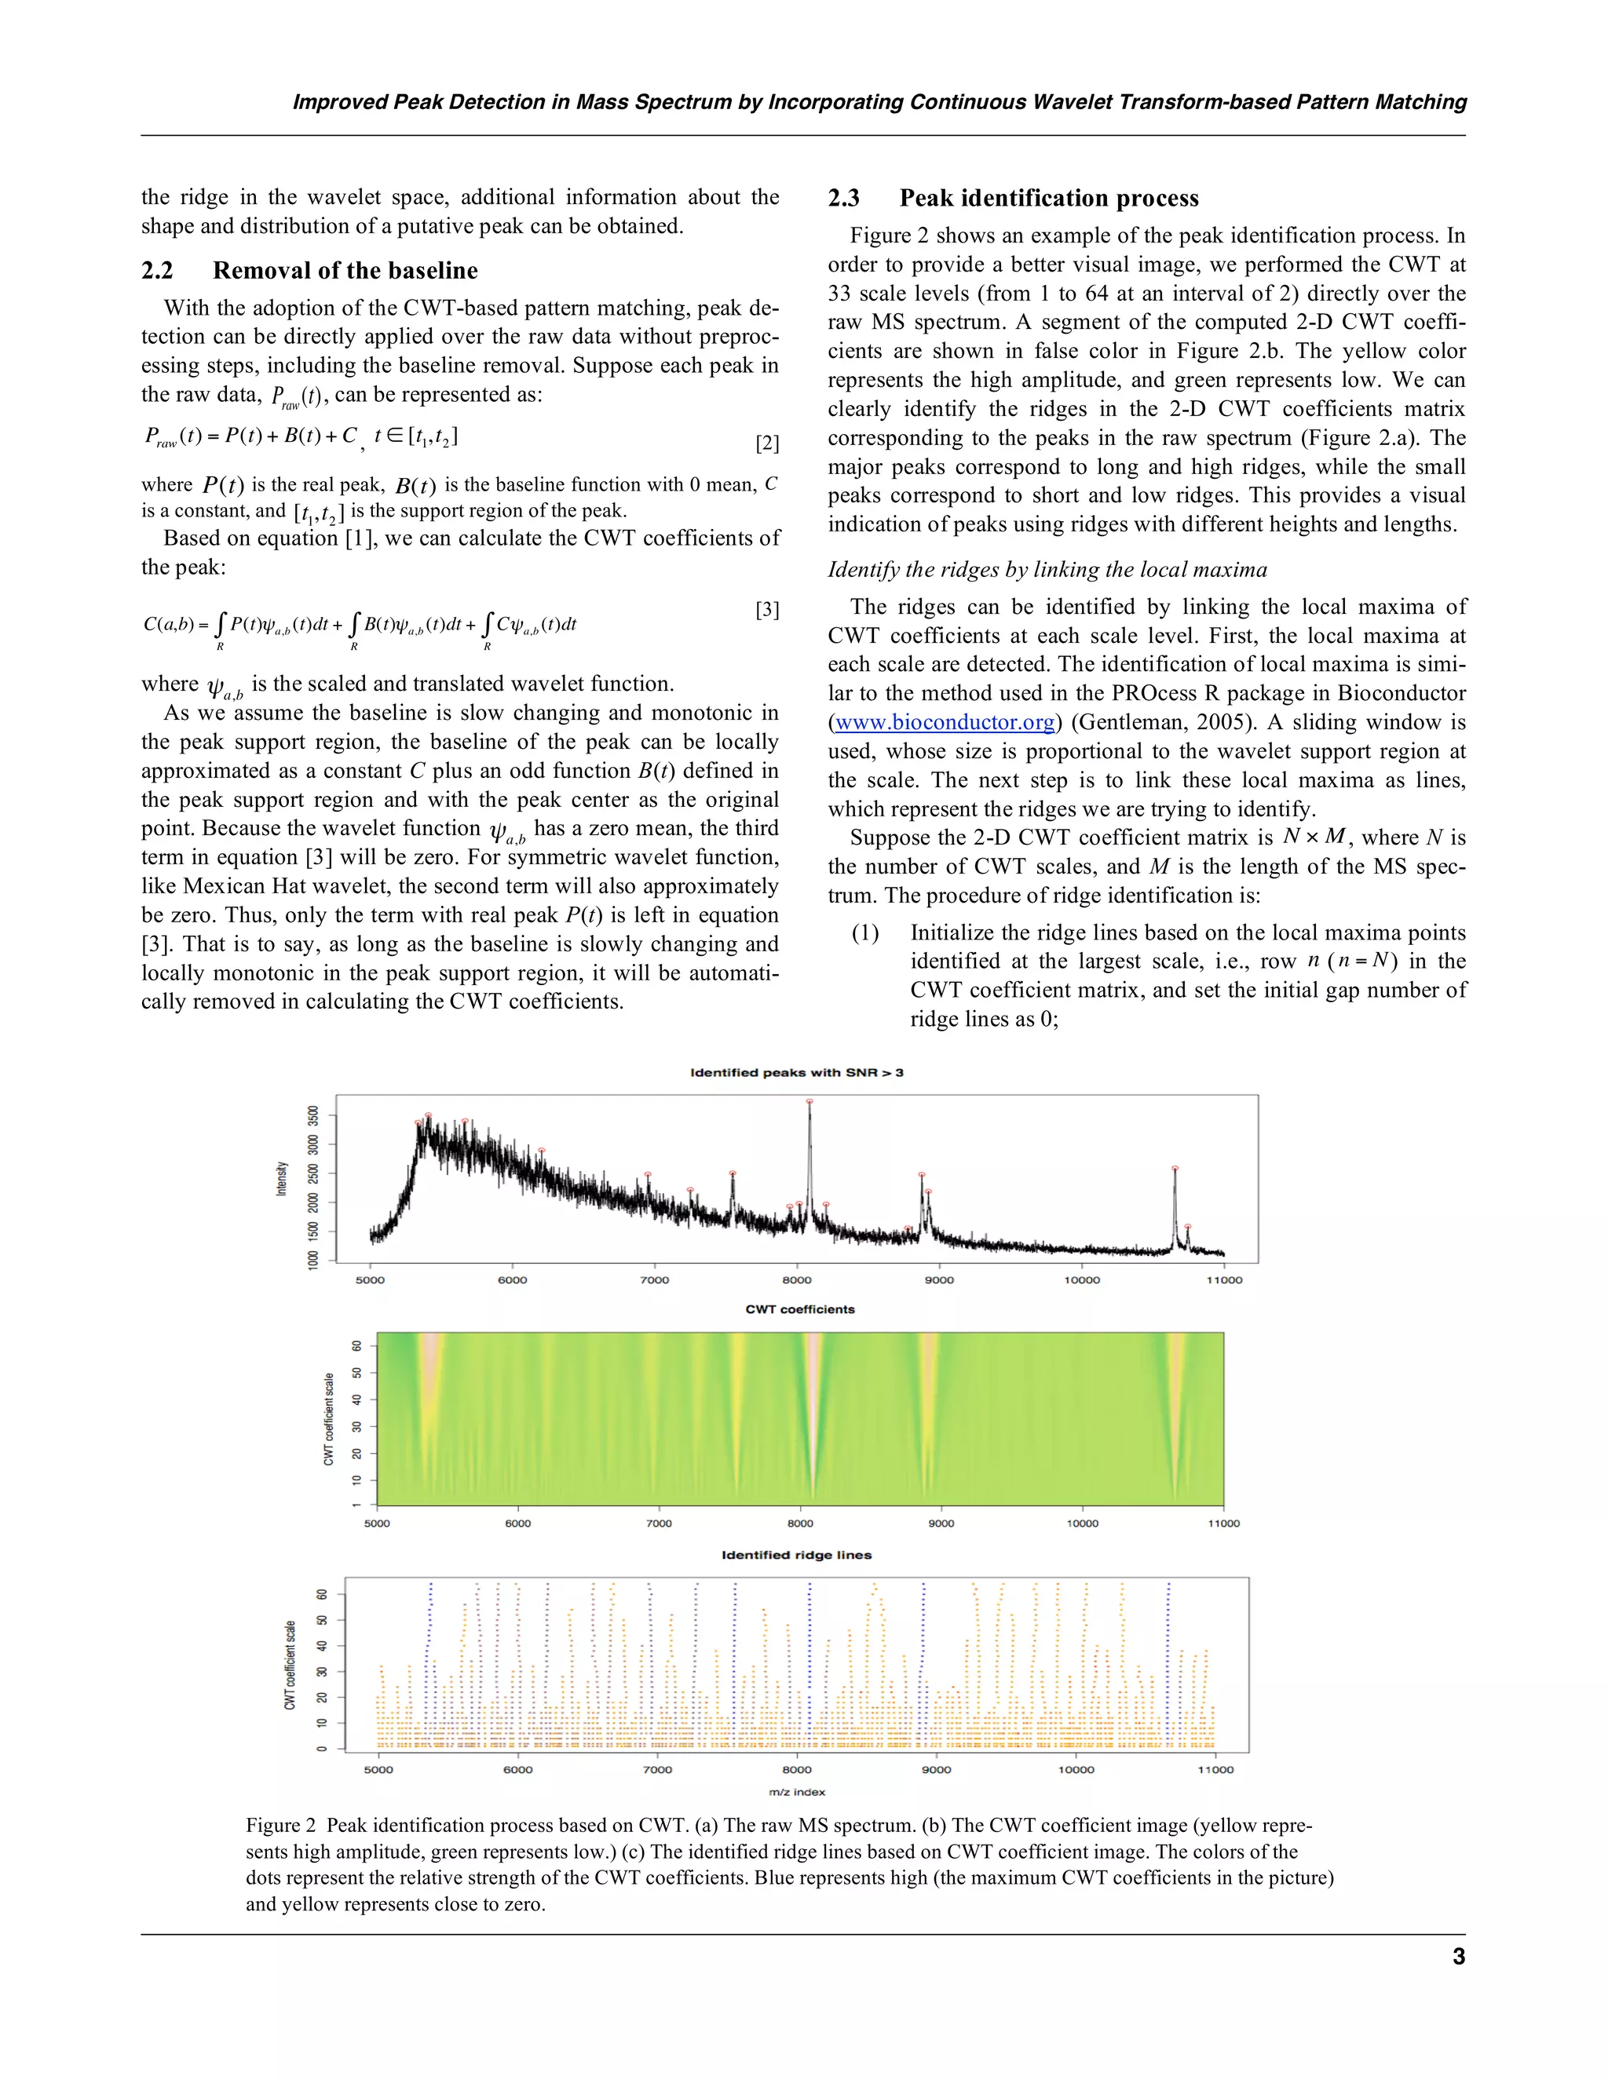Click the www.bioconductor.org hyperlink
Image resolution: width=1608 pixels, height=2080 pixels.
[944, 723]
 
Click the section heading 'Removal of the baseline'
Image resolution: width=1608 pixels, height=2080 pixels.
[345, 271]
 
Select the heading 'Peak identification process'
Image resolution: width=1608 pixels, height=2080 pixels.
[1049, 198]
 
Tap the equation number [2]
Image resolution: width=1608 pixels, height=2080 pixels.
[767, 443]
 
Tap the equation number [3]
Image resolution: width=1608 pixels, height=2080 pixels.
[767, 610]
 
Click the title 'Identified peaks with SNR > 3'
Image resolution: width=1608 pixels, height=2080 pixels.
[796, 1072]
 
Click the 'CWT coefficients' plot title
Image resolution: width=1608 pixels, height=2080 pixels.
[799, 1309]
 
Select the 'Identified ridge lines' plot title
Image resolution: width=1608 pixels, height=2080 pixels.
[796, 1555]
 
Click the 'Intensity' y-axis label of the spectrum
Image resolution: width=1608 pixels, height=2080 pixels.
[282, 1179]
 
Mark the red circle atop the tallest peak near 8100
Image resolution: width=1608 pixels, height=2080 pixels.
[809, 1101]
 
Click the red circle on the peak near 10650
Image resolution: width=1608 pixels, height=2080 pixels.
[1175, 1168]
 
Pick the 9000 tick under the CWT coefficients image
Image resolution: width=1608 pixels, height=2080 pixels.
[941, 1524]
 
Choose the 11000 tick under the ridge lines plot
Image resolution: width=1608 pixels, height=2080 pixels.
[1215, 1769]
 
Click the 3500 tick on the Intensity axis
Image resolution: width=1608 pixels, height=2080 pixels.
[313, 1115]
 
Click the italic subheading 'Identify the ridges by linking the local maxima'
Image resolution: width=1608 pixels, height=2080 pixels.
[1047, 570]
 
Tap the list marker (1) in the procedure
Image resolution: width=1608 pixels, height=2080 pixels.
[865, 932]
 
